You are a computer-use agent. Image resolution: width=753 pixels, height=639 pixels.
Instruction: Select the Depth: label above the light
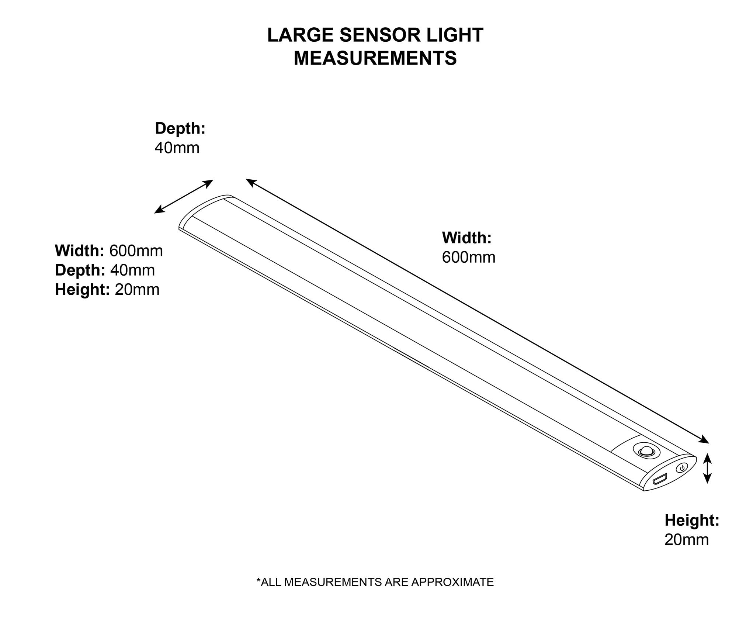click(x=180, y=128)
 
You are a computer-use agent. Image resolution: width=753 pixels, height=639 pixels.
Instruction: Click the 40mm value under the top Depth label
click(x=177, y=148)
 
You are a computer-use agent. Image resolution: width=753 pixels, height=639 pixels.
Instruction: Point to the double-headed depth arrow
click(x=184, y=197)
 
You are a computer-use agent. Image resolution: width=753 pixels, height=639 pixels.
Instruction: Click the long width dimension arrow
click(x=477, y=311)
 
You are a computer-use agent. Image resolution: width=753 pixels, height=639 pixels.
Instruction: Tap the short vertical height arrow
click(x=707, y=469)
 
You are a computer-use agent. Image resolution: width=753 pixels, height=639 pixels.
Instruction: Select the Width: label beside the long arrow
click(x=467, y=238)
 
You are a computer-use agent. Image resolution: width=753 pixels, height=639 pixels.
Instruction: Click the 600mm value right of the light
click(x=468, y=258)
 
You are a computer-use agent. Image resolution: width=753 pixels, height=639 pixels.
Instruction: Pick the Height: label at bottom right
click(x=692, y=520)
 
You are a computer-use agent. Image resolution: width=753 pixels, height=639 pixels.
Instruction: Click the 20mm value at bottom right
click(x=686, y=540)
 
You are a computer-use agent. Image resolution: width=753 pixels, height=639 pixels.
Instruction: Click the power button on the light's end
click(x=682, y=468)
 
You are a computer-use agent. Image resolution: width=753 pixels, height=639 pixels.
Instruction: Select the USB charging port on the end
click(x=659, y=480)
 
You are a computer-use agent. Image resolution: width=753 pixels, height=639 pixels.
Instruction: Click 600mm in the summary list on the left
click(x=136, y=251)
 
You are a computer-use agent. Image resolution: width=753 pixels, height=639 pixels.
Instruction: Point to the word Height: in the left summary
click(x=82, y=290)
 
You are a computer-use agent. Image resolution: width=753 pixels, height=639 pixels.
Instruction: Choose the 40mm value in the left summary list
click(x=132, y=270)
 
